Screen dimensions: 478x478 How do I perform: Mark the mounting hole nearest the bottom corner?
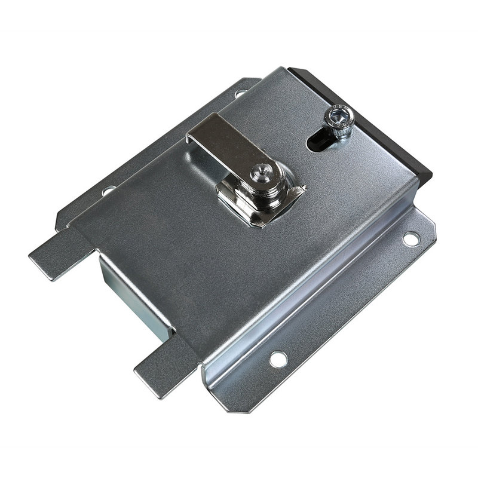click(277, 359)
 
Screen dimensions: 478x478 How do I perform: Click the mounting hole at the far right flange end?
click(410, 238)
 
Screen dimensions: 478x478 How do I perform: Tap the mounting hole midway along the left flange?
click(108, 191)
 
